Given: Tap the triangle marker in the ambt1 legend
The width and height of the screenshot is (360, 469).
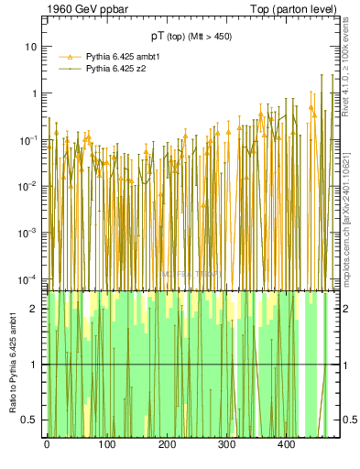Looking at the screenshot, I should coord(71,57).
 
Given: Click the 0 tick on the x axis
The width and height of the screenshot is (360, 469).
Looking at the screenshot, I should coord(47,445).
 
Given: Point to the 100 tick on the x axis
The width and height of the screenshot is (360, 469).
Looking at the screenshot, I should coord(106,445).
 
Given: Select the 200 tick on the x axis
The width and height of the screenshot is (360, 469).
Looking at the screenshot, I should coord(167,445).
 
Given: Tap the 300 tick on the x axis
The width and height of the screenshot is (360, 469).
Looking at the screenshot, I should coord(227,445).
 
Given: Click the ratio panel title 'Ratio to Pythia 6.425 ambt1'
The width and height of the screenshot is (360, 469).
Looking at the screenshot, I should coord(12,364).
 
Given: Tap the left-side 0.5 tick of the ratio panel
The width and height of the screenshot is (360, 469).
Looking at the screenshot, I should coord(31,420).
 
